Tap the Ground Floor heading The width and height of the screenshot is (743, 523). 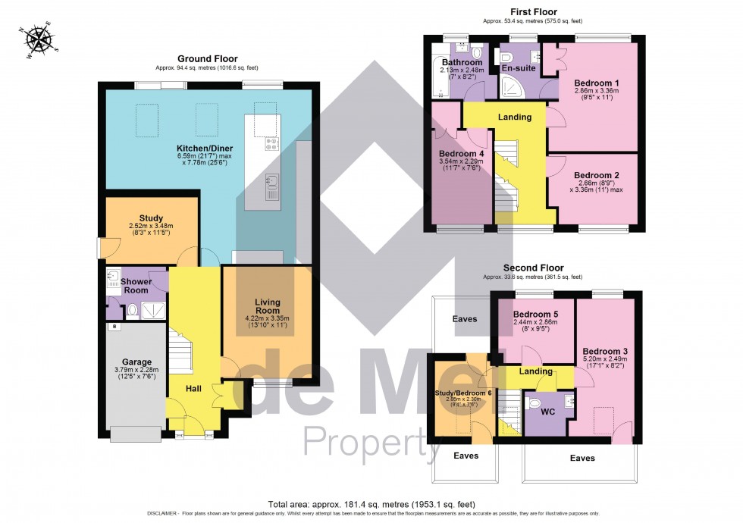207,58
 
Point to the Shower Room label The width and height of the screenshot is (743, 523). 136,286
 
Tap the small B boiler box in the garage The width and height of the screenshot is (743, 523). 114,327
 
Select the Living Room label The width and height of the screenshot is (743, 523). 268,305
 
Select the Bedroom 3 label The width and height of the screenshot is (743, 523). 605,351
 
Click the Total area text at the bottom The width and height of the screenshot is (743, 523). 371,503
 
